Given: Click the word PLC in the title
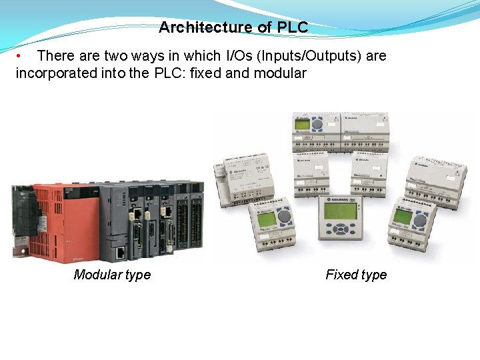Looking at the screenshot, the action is [x=293, y=27].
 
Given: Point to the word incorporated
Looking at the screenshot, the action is [x=57, y=73].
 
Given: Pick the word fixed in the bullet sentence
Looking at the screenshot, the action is [x=206, y=73].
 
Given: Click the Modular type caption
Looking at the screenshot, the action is [x=112, y=275].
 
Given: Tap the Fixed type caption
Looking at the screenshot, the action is [x=356, y=275].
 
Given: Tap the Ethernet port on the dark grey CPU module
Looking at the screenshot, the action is [x=120, y=252].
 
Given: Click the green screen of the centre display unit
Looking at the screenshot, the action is [x=340, y=211].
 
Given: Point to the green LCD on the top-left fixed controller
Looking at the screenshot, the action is [x=301, y=124].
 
